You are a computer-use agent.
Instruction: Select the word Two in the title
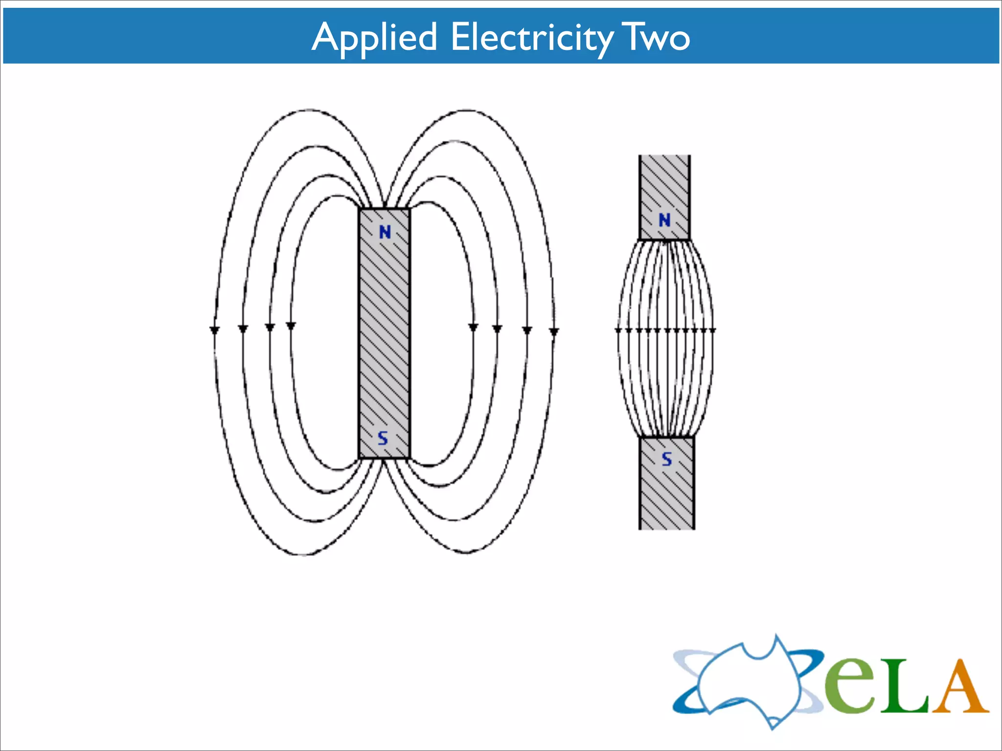(x=656, y=37)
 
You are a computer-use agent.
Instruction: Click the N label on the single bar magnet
(x=385, y=232)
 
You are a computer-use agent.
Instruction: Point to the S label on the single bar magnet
(x=383, y=439)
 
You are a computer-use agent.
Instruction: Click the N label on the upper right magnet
(x=664, y=221)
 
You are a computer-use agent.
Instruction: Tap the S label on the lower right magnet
(x=667, y=459)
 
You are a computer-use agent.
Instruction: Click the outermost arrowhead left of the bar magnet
(x=214, y=330)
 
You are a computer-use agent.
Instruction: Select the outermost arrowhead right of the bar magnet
(x=554, y=331)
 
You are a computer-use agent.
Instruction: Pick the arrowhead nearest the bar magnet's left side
(x=291, y=326)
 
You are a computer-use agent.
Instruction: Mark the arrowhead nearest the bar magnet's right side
(x=473, y=327)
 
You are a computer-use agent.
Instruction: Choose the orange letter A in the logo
(x=959, y=687)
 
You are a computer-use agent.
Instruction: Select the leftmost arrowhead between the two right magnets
(x=618, y=331)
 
